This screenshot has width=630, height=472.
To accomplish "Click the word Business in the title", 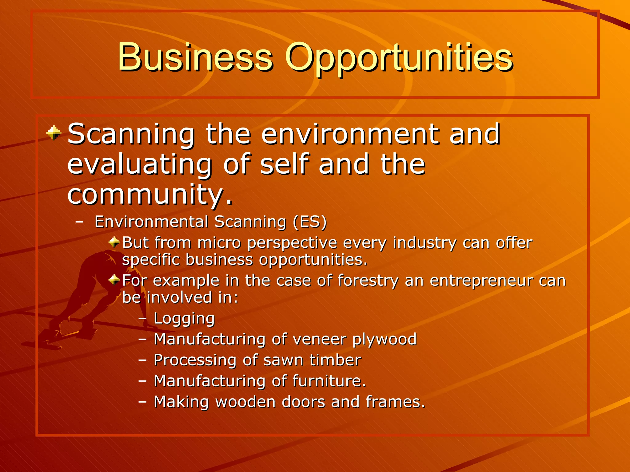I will click(x=195, y=57).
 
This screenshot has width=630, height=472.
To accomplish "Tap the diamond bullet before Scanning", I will click(x=54, y=133).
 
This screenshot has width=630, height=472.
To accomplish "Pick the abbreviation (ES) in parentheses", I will click(x=309, y=222).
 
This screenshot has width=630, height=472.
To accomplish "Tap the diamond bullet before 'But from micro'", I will click(x=114, y=242).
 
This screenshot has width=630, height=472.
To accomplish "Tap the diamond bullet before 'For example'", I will click(x=114, y=280).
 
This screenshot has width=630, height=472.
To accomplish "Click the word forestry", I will click(x=368, y=281).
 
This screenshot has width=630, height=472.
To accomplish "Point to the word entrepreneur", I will click(x=481, y=281).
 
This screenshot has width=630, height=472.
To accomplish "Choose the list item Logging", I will click(x=184, y=319).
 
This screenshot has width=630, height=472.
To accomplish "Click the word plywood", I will click(x=385, y=340).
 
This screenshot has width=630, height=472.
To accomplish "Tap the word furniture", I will click(x=329, y=381).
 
